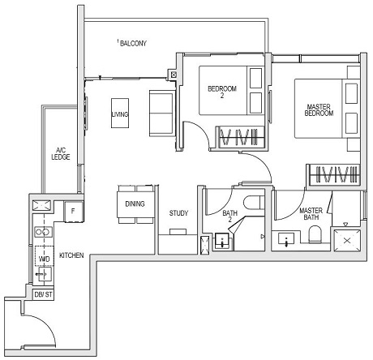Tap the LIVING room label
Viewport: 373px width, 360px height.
121,114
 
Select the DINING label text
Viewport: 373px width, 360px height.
135,204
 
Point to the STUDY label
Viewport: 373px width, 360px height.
178,214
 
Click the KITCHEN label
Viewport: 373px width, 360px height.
71,255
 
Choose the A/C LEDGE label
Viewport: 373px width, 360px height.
60,153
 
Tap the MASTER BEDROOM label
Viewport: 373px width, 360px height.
319,109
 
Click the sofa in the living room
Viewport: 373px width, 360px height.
161,106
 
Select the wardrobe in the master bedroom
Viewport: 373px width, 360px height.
330,174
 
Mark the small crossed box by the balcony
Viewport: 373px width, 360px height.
174,75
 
